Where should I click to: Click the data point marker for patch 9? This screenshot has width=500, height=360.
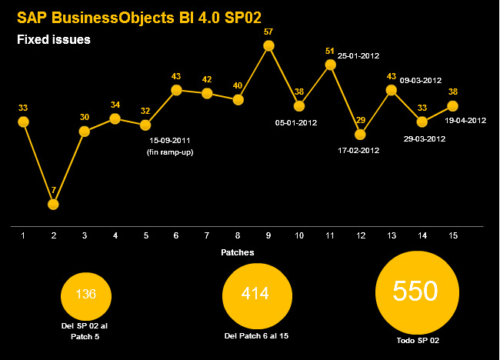(x=268, y=46)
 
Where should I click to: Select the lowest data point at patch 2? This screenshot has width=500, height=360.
(x=53, y=204)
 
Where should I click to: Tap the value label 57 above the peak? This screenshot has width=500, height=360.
(x=268, y=32)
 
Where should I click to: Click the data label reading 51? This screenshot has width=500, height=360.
(x=329, y=51)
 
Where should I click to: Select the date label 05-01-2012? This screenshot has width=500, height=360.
(x=296, y=122)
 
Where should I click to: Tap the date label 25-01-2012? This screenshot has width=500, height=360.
(x=358, y=56)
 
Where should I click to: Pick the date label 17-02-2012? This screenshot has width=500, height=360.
(x=358, y=150)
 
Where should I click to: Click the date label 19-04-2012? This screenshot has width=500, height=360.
(x=465, y=120)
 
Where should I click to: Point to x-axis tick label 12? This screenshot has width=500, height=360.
(x=360, y=235)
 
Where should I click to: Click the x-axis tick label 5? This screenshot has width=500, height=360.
(x=145, y=235)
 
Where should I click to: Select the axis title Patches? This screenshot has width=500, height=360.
(x=238, y=252)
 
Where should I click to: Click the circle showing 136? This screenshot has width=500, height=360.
(x=86, y=295)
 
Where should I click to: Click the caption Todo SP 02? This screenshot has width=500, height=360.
(x=415, y=341)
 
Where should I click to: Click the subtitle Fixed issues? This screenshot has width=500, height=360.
(x=54, y=38)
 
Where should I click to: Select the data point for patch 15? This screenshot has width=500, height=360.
(x=452, y=105)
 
